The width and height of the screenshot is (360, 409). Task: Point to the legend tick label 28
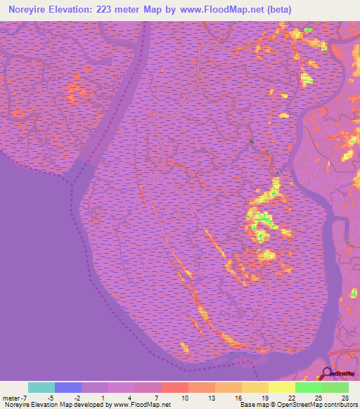point(343,397)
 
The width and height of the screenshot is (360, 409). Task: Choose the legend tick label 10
point(184,397)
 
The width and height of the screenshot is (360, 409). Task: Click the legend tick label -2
point(77,397)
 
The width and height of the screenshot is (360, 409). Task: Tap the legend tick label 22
point(290,397)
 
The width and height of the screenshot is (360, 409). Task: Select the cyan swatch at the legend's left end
point(41,387)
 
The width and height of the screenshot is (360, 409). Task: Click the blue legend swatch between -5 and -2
point(68,387)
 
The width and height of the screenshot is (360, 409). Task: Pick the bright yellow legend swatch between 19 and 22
point(281,387)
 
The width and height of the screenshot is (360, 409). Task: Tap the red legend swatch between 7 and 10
point(174,387)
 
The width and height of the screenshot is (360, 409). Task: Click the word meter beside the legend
point(10,397)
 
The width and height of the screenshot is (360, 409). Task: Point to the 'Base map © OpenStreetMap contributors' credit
point(297,405)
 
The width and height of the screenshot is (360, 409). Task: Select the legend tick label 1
point(104,397)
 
